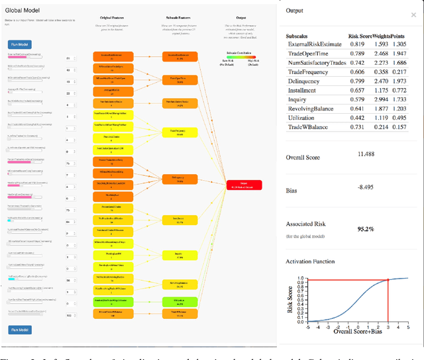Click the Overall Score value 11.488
[366, 154]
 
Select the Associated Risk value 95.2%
[366, 229]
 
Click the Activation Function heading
[311, 262]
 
